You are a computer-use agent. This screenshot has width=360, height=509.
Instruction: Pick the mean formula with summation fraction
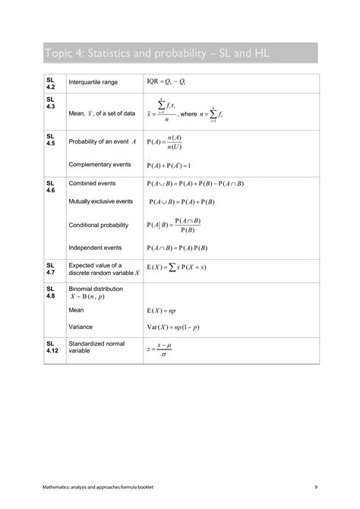click(161, 112)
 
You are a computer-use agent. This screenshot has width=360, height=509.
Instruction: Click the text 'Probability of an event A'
click(102, 142)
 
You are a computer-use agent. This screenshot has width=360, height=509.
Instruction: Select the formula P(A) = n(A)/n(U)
click(166, 142)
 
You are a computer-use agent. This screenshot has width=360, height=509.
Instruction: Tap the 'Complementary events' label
click(99, 164)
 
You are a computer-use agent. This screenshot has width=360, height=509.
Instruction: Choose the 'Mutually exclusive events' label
click(100, 201)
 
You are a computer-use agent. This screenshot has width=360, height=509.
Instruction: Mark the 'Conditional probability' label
click(98, 225)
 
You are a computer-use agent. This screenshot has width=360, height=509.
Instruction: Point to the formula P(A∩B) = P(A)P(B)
click(178, 248)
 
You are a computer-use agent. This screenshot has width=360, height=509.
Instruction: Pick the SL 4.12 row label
click(52, 347)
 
